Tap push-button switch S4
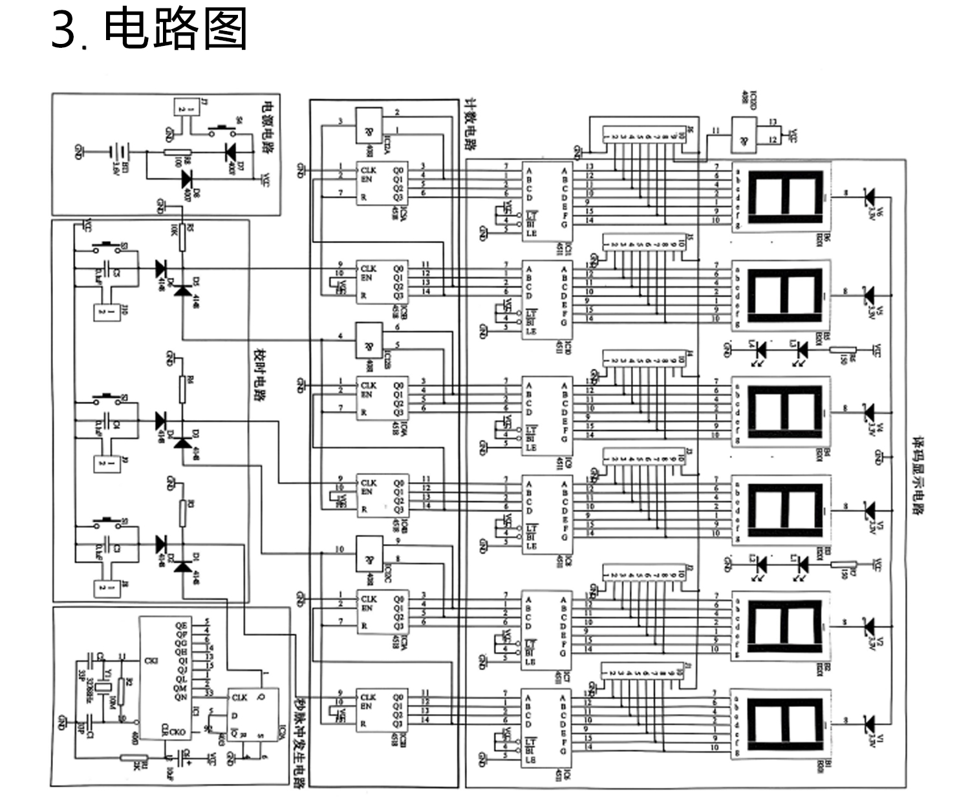click(x=223, y=127)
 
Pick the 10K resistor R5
click(x=182, y=238)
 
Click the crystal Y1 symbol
click(x=102, y=688)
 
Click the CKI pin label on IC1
click(x=151, y=659)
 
